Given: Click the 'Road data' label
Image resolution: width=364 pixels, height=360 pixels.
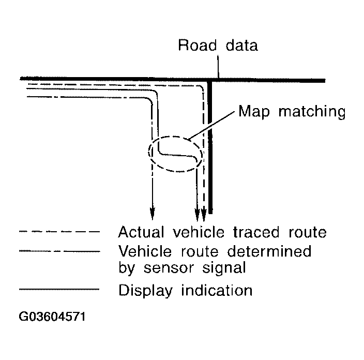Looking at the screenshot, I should pos(218,46).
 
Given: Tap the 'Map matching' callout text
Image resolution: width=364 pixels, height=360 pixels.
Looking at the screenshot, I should pos(291,111).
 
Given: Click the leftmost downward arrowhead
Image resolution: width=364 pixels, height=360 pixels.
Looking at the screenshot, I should pos(152,212).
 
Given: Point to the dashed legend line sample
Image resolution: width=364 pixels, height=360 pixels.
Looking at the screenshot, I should pos(58,232).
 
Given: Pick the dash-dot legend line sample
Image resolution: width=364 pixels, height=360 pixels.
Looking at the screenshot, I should pos(58,252).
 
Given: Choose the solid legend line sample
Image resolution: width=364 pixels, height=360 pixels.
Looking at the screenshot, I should pos(58,290).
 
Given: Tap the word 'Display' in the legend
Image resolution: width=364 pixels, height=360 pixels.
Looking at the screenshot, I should pos(145,290).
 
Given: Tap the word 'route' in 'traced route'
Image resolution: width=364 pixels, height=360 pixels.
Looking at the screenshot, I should pos(304,232).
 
